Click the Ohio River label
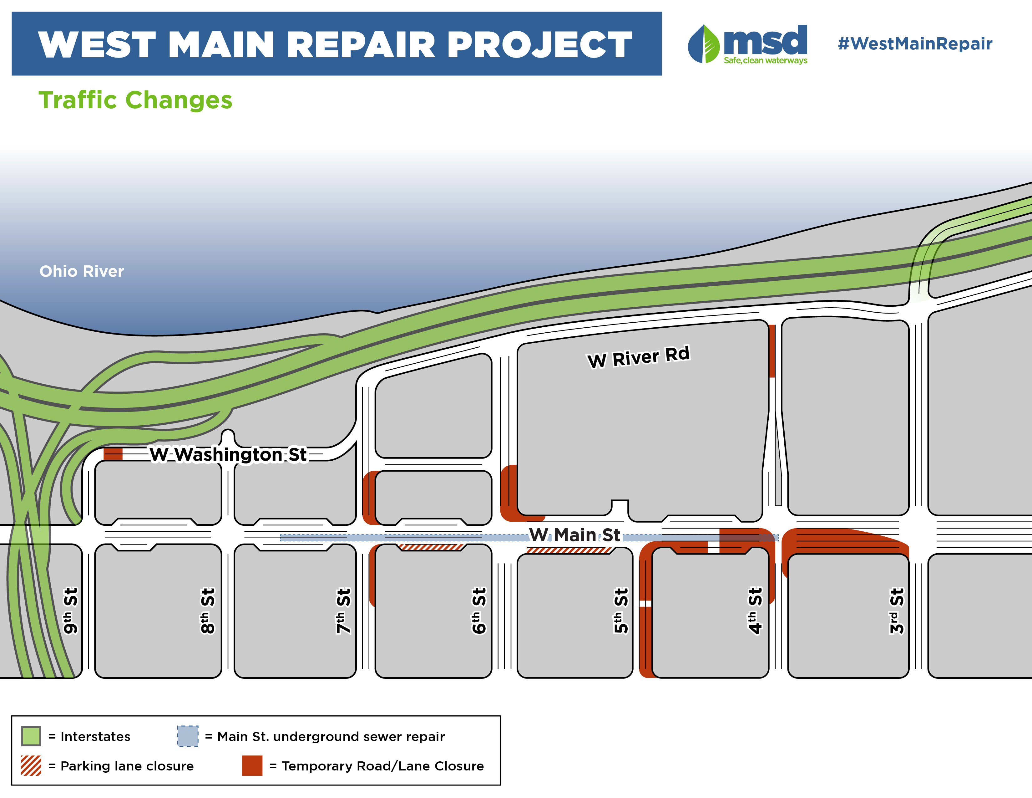tap(81, 271)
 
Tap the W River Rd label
tap(638, 357)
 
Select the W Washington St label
tap(228, 454)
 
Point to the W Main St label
tap(574, 535)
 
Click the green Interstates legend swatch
tap(31, 736)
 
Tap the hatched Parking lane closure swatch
tap(31, 765)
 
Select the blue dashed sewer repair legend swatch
tap(188, 736)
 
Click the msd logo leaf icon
tap(704, 44)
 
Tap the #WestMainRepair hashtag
tap(915, 43)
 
